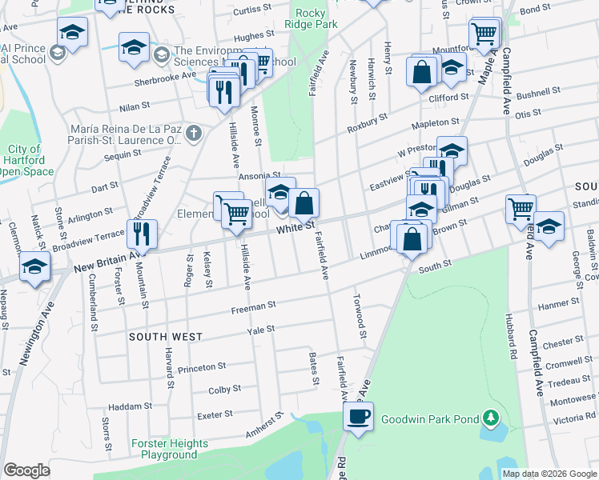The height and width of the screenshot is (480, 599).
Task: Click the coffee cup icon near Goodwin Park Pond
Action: coord(358,416)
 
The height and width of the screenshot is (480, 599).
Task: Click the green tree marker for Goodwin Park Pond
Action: coord(492,418)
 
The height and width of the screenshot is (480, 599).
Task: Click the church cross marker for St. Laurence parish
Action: coord(193,134)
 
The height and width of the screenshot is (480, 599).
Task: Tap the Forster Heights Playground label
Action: coord(169,449)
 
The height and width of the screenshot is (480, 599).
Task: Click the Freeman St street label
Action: coord(253,306)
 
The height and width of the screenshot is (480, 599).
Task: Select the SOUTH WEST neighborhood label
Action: coord(166,337)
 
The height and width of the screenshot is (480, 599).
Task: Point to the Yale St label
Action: coord(261,329)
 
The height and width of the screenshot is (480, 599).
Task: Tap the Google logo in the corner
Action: coord(27,470)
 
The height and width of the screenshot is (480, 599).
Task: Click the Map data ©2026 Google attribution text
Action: coord(549,474)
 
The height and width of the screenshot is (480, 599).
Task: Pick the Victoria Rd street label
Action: coord(573,418)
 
